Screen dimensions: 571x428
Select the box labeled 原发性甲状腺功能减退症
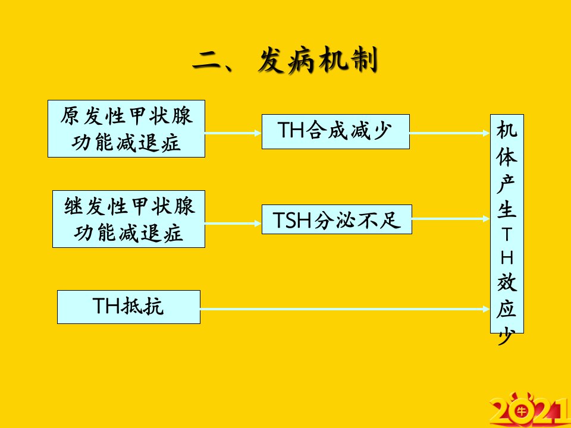126,129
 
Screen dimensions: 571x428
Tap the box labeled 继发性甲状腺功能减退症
128,219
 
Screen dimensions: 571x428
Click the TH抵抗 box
128,307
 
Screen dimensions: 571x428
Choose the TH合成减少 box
335,132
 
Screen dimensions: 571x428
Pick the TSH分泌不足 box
337,219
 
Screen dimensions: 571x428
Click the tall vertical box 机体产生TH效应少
507,224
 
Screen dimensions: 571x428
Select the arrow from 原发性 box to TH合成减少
233,133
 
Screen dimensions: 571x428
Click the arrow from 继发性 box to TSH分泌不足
233,224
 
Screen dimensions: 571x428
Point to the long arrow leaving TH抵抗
345,309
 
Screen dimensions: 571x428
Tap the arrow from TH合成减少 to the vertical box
450,133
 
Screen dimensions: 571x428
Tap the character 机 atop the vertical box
507,130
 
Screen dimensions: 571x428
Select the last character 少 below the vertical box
507,335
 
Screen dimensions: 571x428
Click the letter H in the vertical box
507,257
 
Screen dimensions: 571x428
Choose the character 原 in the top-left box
71,116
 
